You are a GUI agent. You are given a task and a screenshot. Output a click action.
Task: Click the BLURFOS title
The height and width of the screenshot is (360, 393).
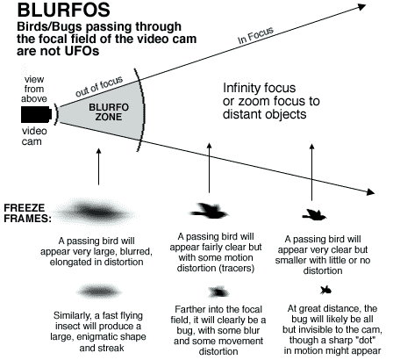click(x=64, y=10)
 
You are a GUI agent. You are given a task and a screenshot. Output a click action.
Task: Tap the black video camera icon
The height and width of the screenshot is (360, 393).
click(x=37, y=114)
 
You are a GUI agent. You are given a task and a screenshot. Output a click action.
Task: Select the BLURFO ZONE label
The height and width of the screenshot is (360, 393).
click(x=109, y=112)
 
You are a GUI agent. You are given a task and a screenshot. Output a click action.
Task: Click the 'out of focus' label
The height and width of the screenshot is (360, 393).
click(x=99, y=86)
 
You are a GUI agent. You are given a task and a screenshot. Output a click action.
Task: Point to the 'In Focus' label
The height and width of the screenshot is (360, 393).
click(x=255, y=35)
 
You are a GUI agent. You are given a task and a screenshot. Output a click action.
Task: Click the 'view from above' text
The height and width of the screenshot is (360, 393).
click(x=34, y=89)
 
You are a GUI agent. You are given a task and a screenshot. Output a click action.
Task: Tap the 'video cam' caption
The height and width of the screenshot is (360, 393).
click(x=34, y=136)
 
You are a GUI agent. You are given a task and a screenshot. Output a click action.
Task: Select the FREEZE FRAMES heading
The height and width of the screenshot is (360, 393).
click(x=27, y=213)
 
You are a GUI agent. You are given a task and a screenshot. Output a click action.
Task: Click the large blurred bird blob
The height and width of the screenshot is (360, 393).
click(x=97, y=212)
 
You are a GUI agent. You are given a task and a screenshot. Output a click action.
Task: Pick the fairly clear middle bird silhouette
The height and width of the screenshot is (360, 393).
click(x=209, y=211)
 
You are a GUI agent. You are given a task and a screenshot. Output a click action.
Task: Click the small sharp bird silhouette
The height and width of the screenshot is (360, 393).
click(x=314, y=214)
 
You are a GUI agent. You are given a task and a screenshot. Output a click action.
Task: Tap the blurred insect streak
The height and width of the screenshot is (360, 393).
click(x=99, y=292)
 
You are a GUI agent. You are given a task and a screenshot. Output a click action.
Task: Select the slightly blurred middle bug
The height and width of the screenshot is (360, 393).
click(x=218, y=292)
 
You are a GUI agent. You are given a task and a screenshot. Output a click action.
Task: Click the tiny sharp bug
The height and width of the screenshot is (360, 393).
click(x=325, y=291)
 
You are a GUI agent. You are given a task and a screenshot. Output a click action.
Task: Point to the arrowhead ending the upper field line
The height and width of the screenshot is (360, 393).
click(x=362, y=6)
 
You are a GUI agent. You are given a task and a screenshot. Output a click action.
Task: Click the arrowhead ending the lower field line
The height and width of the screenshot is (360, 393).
click(x=371, y=192)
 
